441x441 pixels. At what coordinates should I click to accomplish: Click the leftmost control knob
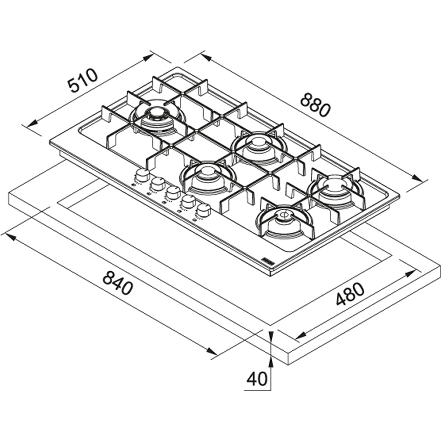tap(143, 175)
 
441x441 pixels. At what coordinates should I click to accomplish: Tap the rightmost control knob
tap(204, 210)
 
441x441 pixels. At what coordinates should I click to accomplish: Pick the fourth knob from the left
tap(188, 201)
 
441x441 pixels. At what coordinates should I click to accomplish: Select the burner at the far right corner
tap(335, 192)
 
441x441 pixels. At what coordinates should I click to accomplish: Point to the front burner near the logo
tap(285, 222)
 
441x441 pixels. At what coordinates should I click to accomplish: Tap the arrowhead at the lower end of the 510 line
tap(32, 124)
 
